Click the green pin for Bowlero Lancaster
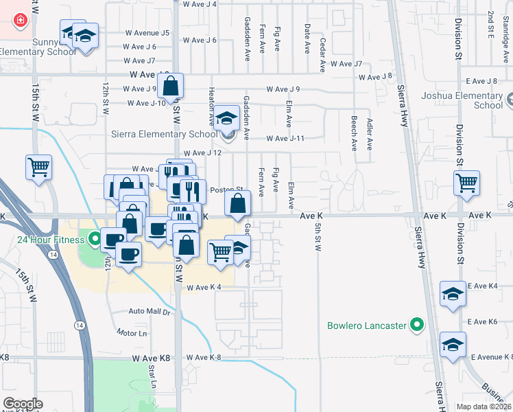tap(416, 325)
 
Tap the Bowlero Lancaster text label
tap(367, 325)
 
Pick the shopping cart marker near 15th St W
tap(39, 167)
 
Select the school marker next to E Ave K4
tap(453, 295)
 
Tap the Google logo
tap(23, 404)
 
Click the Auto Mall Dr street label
tap(149, 311)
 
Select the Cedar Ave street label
tap(322, 51)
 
